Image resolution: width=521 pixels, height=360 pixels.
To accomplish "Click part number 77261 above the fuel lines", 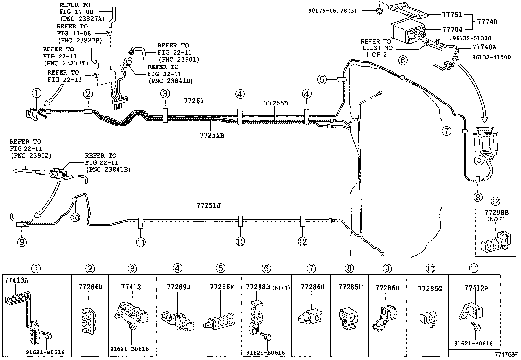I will [x=193, y=101].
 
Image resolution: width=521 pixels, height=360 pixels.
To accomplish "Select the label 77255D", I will [x=276, y=104].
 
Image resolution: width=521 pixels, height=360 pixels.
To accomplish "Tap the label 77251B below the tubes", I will [x=212, y=135].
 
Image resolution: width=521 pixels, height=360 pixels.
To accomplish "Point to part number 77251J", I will [x=208, y=206].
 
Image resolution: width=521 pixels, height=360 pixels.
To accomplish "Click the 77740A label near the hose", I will [x=484, y=47].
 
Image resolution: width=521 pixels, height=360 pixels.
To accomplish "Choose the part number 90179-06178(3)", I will [x=332, y=11].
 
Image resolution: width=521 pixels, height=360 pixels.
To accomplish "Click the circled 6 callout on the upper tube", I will [x=403, y=60].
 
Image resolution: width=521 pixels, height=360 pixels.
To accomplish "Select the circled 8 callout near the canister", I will [x=478, y=197].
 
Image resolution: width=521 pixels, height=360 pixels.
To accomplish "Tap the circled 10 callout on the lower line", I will [x=75, y=217].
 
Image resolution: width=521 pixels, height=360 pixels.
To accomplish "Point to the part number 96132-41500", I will [x=491, y=57].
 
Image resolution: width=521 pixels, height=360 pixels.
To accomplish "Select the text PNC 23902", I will [x=31, y=155].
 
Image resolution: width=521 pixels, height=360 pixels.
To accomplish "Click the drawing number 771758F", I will [x=506, y=354].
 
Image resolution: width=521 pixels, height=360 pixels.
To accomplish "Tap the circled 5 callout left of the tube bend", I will [x=322, y=79].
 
